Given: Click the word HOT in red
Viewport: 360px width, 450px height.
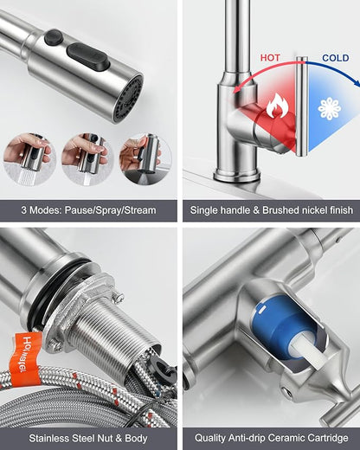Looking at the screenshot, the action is (x=270, y=58).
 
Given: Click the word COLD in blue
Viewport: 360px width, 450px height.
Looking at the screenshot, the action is (x=336, y=58).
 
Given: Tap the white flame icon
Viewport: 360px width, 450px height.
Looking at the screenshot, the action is (x=277, y=106).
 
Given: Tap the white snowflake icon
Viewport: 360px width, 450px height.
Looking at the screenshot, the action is (x=330, y=109).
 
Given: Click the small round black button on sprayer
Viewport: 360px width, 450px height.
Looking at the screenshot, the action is (x=55, y=36).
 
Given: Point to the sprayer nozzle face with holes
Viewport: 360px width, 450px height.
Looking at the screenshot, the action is (x=129, y=99).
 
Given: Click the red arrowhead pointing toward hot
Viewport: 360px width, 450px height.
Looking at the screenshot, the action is (x=236, y=89).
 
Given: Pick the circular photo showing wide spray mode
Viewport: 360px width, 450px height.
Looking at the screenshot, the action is (x=29, y=159).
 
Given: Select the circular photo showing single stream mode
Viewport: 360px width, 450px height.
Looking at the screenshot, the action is (x=87, y=159).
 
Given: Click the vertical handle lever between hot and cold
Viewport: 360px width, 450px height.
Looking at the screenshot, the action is (x=302, y=106).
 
